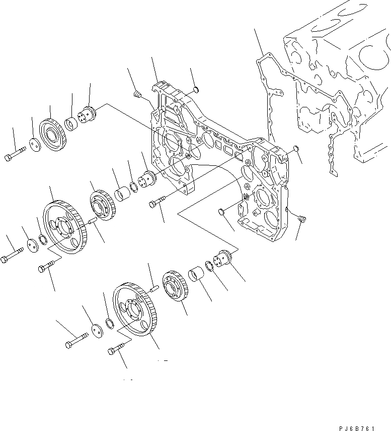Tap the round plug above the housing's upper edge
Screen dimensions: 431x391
(x=197, y=90)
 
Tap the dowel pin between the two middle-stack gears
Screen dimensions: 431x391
(x=92, y=220)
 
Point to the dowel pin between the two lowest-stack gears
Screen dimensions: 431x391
(x=154, y=289)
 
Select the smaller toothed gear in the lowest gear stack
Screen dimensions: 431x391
(x=174, y=288)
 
